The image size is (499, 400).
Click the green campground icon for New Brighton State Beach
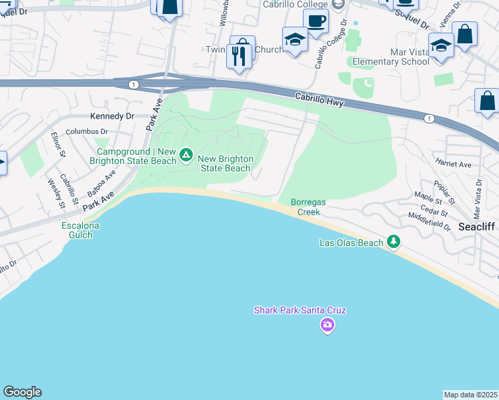click(186, 156)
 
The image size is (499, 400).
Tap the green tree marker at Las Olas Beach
click(394, 241)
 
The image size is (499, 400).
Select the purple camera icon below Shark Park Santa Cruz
click(327, 325)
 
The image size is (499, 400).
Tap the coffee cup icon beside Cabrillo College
click(316, 21)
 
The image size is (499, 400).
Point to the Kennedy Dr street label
click(112, 116)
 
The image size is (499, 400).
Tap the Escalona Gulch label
click(80, 231)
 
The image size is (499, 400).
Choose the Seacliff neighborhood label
click(476, 227)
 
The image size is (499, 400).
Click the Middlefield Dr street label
click(429, 220)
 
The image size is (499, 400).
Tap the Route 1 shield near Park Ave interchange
click(134, 84)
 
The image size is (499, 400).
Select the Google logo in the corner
click(22, 392)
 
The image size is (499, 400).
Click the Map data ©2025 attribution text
click(470, 394)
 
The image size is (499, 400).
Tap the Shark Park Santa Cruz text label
click(300, 310)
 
